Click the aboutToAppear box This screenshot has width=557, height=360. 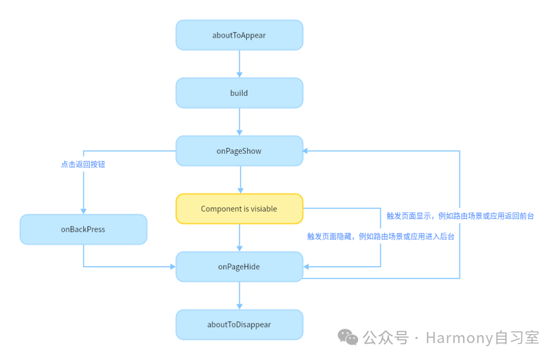point(239,35)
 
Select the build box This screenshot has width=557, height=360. point(239,93)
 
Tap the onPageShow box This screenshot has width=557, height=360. point(239,151)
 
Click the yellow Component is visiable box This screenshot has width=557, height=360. point(239,209)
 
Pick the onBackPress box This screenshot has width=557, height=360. point(83,230)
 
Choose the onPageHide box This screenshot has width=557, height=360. point(239,267)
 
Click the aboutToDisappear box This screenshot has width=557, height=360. point(239,324)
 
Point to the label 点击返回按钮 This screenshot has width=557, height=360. point(83,164)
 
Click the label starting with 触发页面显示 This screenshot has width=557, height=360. point(460,216)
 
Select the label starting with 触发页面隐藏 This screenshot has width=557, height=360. point(380,236)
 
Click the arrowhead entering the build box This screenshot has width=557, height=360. point(239,75)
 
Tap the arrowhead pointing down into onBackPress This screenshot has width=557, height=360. point(83,211)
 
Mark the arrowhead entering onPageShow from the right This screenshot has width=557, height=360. point(306,151)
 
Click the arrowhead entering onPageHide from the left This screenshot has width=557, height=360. point(173,267)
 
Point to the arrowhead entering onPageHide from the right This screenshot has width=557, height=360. point(306,267)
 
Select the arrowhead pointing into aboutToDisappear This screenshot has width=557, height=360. point(239,306)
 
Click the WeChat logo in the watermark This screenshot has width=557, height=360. point(348,337)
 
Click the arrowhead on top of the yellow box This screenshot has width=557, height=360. point(240,191)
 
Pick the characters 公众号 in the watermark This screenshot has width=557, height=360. point(386,338)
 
